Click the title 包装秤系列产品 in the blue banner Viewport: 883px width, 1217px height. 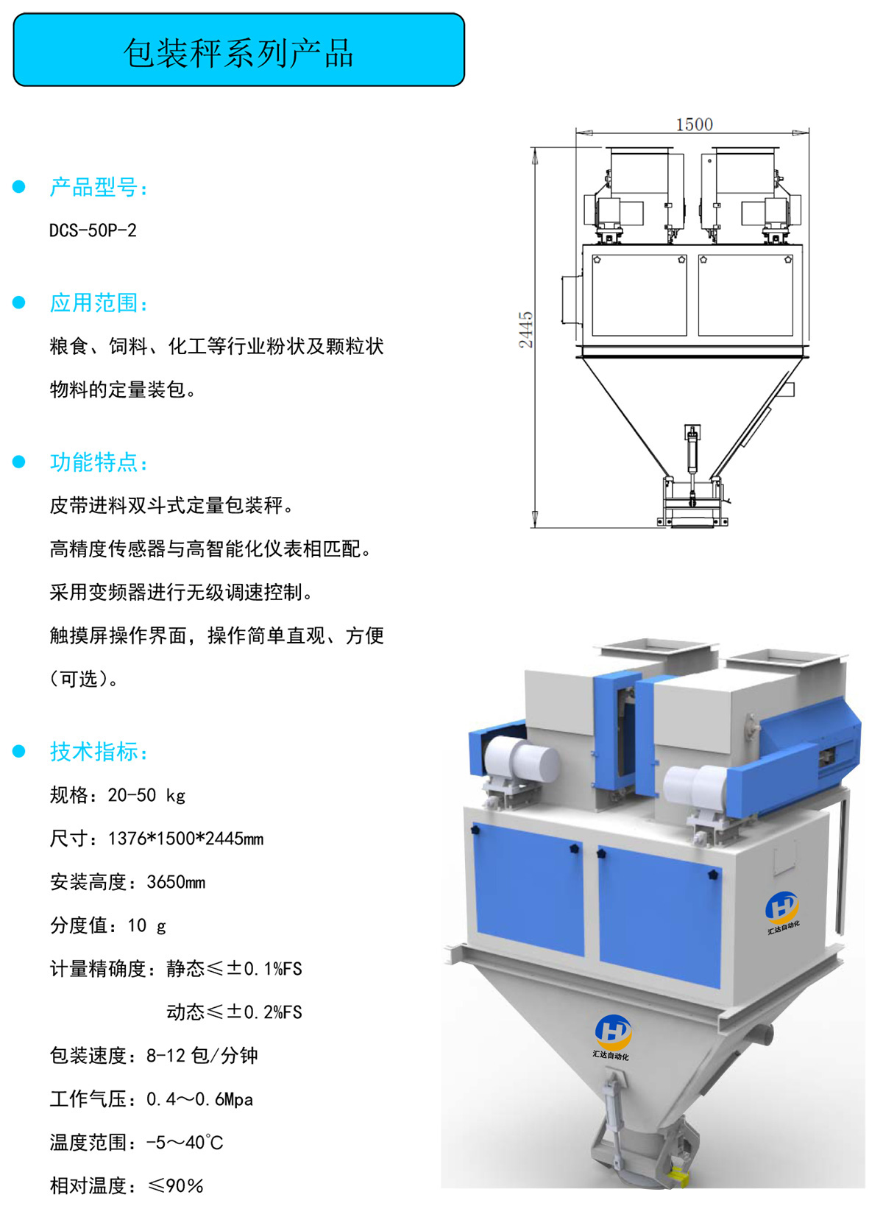238,53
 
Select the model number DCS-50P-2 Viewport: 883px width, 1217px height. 93,230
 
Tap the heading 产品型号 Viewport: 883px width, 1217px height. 99,187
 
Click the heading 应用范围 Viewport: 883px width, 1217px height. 99,303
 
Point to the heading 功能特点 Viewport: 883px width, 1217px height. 99,462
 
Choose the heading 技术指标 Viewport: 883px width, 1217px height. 99,752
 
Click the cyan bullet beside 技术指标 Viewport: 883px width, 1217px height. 19,752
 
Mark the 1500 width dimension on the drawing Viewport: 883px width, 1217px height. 694,124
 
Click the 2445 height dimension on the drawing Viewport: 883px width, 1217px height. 525,330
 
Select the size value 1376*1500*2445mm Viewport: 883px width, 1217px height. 185,839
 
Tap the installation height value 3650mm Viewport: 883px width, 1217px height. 176,882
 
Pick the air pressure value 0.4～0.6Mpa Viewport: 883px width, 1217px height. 200,1099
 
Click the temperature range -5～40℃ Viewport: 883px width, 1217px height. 185,1143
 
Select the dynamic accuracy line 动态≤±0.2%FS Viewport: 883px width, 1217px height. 234,1012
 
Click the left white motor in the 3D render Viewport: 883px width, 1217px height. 520,762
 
